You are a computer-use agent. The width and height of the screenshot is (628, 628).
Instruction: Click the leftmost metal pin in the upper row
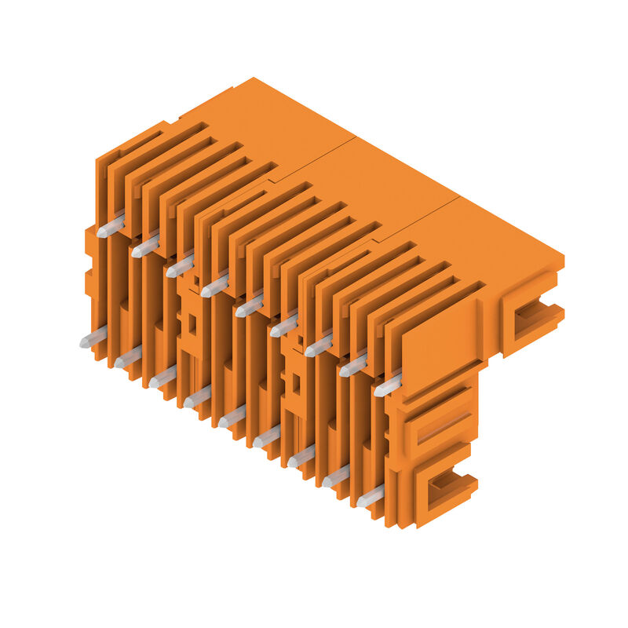tap(111, 227)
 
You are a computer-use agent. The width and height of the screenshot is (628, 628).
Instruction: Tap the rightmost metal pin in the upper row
tap(388, 385)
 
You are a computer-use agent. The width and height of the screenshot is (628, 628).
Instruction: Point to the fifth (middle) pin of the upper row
tap(250, 305)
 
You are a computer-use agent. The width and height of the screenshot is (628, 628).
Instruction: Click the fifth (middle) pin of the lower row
tap(232, 417)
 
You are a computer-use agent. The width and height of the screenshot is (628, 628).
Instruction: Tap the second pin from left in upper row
tap(145, 246)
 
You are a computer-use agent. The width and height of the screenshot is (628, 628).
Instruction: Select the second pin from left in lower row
tap(127, 358)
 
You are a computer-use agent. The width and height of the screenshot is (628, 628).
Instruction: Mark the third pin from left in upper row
tap(180, 266)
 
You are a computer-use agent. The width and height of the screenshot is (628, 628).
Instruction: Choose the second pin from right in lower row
tap(336, 476)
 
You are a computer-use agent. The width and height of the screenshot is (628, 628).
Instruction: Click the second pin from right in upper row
tap(353, 365)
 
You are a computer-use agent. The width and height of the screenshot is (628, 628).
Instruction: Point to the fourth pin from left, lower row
tap(197, 397)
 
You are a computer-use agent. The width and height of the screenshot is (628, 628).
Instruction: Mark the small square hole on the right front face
tap(296, 383)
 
